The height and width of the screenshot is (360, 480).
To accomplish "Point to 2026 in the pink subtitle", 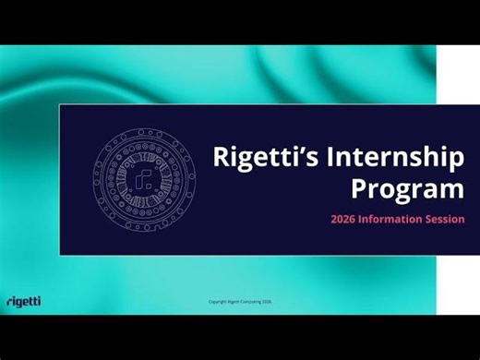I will (344, 220).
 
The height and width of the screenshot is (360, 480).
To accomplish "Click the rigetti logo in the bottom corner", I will (23, 301).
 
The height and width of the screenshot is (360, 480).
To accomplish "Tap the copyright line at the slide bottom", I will (241, 302).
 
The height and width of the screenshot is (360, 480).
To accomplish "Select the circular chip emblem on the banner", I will (143, 178).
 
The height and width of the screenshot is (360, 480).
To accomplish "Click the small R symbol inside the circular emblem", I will (143, 179).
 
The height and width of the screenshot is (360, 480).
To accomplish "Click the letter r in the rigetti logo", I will (8, 302).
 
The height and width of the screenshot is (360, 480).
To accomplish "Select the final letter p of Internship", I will (455, 161).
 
